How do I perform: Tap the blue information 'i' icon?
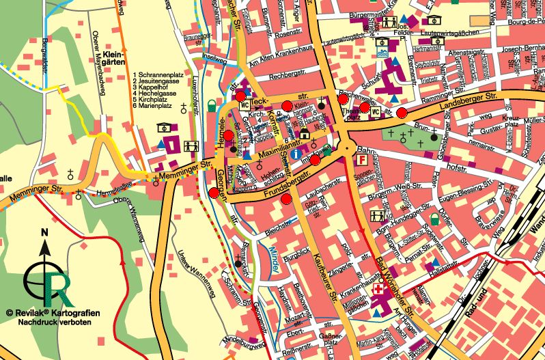click(x=294, y=155)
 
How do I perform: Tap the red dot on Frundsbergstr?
click(x=285, y=199)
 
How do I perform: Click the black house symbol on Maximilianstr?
click(x=305, y=133)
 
